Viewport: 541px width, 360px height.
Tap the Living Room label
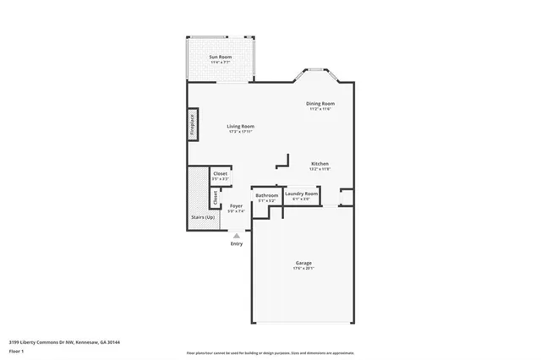pos(240,126)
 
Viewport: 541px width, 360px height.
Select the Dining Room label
pos(320,104)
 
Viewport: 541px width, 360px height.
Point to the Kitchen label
pos(320,163)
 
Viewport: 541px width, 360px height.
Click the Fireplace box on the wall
pos(193,125)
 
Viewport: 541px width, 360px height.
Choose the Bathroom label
pos(267,195)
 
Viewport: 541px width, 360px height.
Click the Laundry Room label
pos(301,194)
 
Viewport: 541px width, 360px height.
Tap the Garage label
pos(303,263)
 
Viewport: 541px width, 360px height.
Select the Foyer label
pos(237,205)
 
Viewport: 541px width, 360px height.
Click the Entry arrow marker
pos(236,236)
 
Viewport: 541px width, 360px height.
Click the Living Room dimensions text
pos(240,131)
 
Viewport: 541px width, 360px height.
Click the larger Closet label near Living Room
pos(220,173)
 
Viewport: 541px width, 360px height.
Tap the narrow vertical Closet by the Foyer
pos(215,199)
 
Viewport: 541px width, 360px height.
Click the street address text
pos(64,342)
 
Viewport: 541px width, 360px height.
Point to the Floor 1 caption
pos(17,351)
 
